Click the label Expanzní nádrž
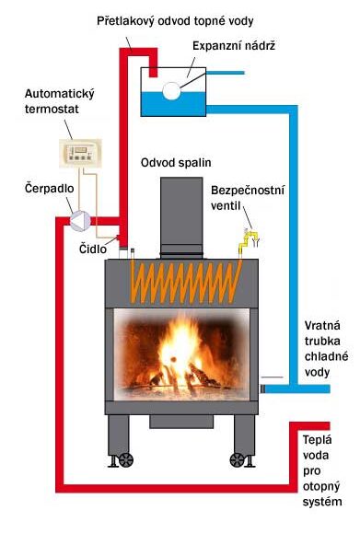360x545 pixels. tap(234, 46)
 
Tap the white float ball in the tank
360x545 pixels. tap(171, 91)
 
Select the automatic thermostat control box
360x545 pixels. tap(80, 153)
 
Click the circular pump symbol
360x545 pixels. tap(80, 220)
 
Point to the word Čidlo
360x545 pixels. tap(93, 249)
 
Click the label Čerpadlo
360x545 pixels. tap(50, 189)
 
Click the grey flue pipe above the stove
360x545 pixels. tap(181, 218)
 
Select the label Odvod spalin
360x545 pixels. tap(176, 163)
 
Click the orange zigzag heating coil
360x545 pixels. tap(186, 281)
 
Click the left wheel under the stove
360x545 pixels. tap(126, 460)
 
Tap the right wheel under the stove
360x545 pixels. tap(238, 460)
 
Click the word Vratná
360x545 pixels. tap(322, 326)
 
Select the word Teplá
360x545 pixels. tap(318, 440)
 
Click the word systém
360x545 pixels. tap(322, 502)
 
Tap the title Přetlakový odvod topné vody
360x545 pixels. tap(175, 21)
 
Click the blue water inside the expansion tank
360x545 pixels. tap(173, 104)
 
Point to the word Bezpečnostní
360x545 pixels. tap(248, 191)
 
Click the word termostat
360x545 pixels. tap(52, 109)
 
